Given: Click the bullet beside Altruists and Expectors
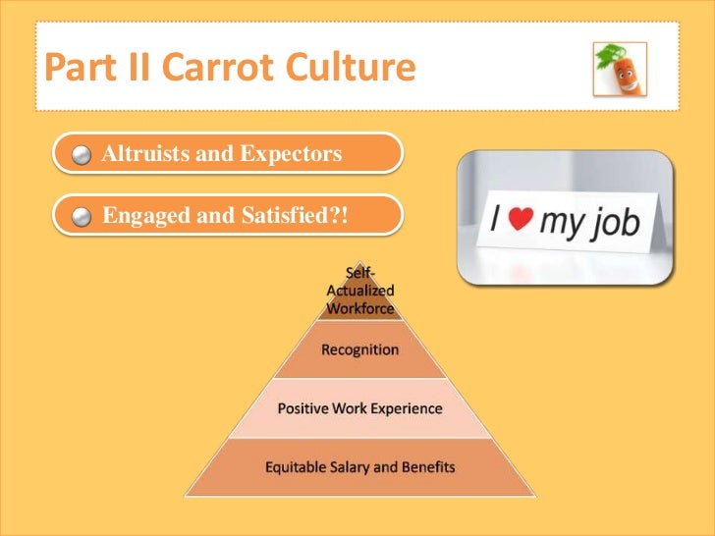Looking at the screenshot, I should (x=83, y=155).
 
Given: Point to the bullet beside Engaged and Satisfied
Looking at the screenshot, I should (x=83, y=217).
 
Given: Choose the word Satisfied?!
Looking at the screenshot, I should (x=297, y=216).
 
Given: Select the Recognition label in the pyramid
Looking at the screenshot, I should (x=359, y=349).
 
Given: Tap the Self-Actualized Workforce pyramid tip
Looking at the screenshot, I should (x=359, y=291).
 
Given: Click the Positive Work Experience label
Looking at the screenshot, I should (x=359, y=408).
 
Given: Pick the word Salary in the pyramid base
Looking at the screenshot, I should (x=354, y=467).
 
